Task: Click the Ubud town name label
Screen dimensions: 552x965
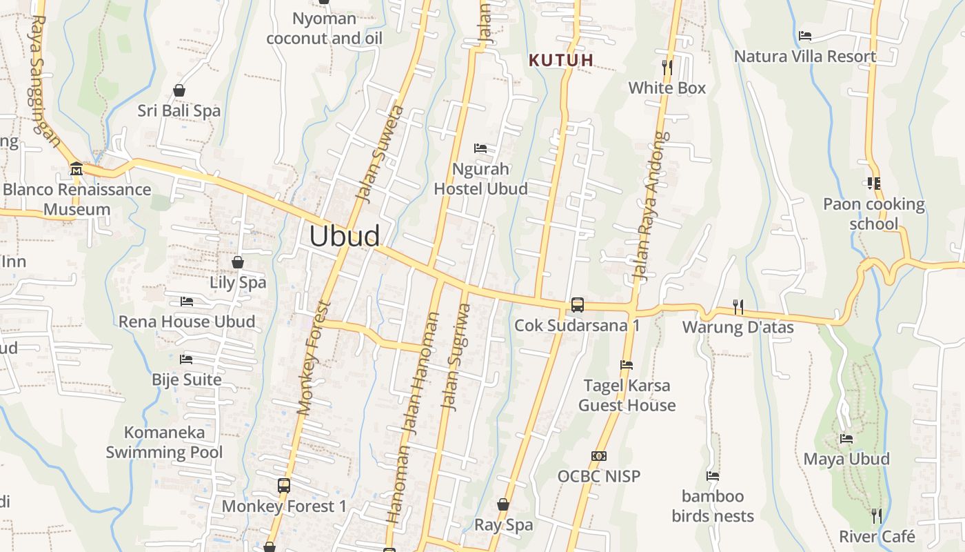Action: point(344,236)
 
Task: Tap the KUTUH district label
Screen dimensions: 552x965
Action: point(561,60)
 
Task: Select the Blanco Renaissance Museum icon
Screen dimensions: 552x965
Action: point(77,168)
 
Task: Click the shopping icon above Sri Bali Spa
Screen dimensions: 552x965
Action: point(179,90)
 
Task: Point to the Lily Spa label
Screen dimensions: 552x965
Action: point(238,282)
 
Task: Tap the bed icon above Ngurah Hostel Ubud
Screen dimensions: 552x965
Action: point(480,148)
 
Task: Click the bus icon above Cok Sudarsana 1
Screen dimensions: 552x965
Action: point(578,304)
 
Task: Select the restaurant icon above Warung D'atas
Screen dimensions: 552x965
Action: point(738,306)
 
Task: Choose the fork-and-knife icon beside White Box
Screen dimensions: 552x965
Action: point(667,67)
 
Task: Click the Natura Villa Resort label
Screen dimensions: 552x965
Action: point(805,57)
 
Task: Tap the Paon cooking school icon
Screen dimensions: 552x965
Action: point(874,184)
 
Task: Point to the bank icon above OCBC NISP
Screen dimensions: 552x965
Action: point(599,456)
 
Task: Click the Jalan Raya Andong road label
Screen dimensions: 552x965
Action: point(652,207)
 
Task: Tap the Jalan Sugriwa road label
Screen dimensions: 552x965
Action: point(456,357)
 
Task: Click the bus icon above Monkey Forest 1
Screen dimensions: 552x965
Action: point(284,485)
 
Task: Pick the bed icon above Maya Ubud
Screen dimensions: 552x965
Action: point(846,439)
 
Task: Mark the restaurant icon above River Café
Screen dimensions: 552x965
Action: point(876,515)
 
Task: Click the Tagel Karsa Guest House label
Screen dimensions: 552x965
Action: point(627,395)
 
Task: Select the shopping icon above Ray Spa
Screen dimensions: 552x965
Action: point(503,504)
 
